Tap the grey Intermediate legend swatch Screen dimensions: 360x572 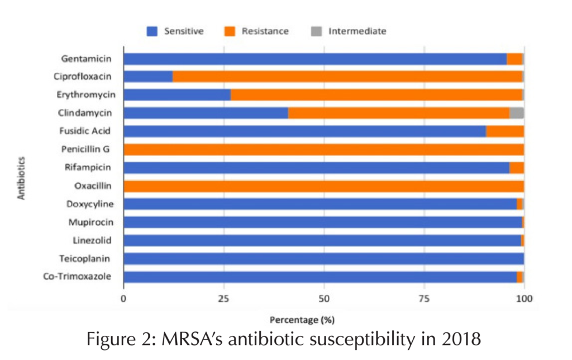(x=316, y=31)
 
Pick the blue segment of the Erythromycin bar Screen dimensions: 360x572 (x=177, y=95)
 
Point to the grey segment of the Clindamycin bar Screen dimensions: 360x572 (x=517, y=113)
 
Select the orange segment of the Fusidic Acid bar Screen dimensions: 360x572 (x=505, y=131)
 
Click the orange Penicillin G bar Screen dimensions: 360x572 (x=323, y=149)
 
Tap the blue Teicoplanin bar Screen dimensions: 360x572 (x=323, y=259)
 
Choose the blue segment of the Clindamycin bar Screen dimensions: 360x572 (x=206, y=113)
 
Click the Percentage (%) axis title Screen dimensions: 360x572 (x=302, y=320)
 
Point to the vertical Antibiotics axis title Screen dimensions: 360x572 (x=21, y=167)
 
